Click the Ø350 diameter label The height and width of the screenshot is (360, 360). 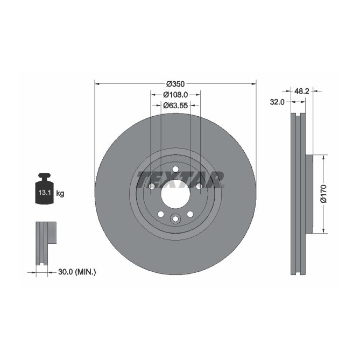(x=175, y=83)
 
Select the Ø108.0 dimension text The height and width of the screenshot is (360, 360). (x=175, y=95)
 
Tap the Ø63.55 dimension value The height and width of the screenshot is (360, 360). (x=175, y=105)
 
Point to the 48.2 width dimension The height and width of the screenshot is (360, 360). (x=302, y=91)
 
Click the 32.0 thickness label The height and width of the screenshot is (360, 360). (x=278, y=102)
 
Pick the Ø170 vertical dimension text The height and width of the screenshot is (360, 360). (x=323, y=194)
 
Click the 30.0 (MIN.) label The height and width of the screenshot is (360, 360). (x=76, y=272)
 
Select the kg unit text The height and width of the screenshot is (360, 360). (x=60, y=193)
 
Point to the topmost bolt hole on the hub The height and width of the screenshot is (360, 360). (x=175, y=170)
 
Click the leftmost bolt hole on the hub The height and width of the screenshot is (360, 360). (x=152, y=186)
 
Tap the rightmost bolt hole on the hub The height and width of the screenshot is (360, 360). (x=199, y=186)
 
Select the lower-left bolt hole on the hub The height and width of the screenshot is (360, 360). (x=160, y=214)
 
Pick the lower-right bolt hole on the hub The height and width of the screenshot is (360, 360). (x=190, y=214)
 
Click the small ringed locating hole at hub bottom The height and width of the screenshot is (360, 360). (x=175, y=219)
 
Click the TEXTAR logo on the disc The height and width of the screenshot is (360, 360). (x=180, y=178)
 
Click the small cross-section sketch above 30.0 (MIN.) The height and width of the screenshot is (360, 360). (x=46, y=242)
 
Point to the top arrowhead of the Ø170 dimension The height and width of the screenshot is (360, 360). (x=323, y=158)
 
